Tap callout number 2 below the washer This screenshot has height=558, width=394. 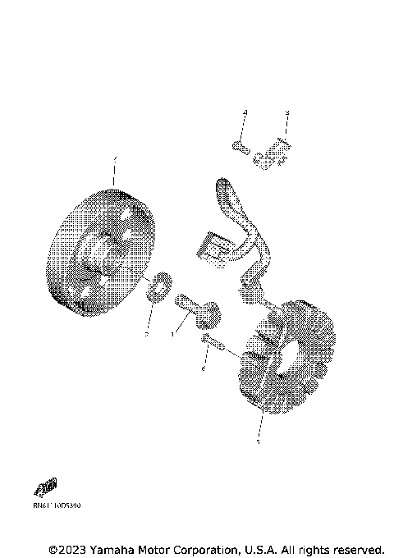147,335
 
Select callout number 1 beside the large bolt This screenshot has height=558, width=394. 173,335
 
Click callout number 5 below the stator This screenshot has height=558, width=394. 259,442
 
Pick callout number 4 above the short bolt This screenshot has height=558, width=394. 244,112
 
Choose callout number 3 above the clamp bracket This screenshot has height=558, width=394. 286,112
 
